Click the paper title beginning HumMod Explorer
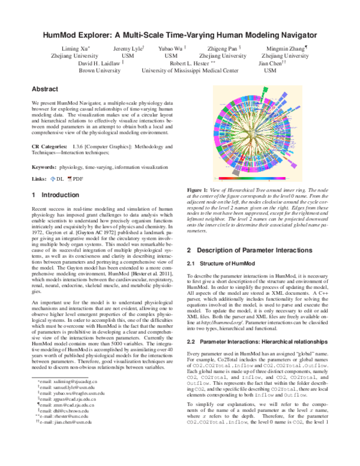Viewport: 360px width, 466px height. pyautogui.click(x=180, y=35)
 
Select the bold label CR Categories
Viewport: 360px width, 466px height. pyautogui.click(x=49, y=147)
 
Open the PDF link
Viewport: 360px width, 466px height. pyautogui.click(x=76, y=180)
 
